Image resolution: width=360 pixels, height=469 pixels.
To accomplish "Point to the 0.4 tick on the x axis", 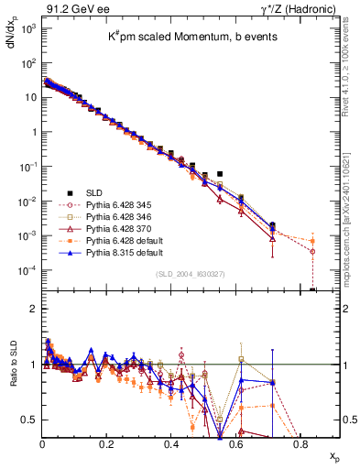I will point(171,442).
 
